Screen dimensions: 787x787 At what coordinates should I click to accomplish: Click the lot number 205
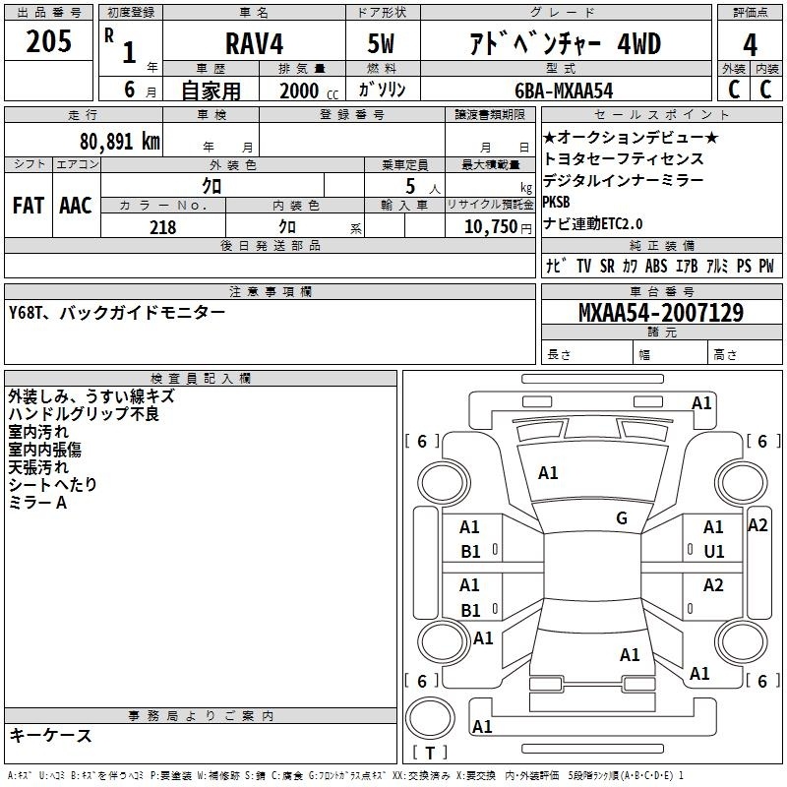[x=48, y=41]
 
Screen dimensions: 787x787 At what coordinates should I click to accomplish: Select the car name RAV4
[x=254, y=43]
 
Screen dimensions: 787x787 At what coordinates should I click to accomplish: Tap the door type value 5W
[x=381, y=43]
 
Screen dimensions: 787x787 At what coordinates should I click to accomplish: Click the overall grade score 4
[x=750, y=45]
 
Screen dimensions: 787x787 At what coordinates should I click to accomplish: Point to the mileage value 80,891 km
[x=119, y=142]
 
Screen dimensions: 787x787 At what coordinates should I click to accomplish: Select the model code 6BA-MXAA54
[x=564, y=91]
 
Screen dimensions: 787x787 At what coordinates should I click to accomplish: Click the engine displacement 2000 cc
[x=309, y=91]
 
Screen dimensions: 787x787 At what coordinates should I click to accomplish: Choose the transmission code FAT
[x=29, y=206]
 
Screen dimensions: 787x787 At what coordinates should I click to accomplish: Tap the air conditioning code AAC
[x=76, y=206]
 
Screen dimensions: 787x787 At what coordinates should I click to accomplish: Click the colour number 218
[x=162, y=227]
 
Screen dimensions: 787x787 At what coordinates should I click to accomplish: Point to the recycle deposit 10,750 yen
[x=498, y=227]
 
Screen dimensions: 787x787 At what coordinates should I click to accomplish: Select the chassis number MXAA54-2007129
[x=661, y=313]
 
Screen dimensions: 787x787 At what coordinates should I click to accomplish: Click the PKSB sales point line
[x=557, y=202]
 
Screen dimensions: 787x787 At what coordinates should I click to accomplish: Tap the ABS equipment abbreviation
[x=656, y=266]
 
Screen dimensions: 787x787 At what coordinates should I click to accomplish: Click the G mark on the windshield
[x=622, y=518]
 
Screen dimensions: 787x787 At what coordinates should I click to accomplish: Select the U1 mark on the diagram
[x=714, y=552]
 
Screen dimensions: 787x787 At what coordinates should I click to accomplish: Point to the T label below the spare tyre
[x=430, y=753]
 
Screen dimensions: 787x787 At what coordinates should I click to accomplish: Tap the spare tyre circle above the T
[x=430, y=718]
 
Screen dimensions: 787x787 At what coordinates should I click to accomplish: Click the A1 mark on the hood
[x=548, y=473]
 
